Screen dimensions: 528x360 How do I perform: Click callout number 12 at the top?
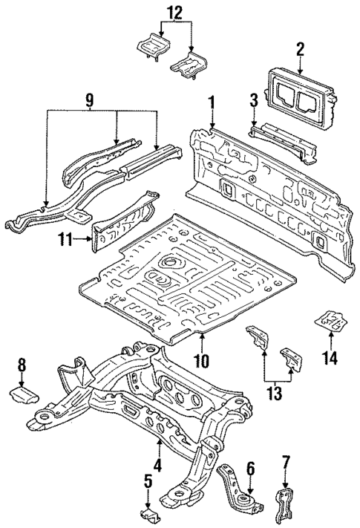[x=173, y=12]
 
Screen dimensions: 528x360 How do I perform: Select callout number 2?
[x=300, y=50]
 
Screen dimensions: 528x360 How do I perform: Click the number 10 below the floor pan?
[x=202, y=362]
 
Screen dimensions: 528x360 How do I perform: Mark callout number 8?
[x=22, y=364]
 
